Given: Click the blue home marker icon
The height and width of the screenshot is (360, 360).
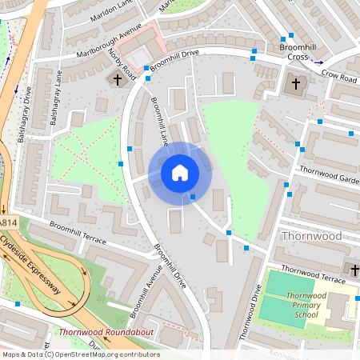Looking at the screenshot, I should click(179, 172).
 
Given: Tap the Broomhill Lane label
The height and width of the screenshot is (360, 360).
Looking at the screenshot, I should click(159, 126).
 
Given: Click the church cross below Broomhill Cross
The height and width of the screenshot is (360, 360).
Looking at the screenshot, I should click(295, 83).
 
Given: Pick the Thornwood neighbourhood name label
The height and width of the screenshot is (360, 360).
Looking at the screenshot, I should click(311, 236).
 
